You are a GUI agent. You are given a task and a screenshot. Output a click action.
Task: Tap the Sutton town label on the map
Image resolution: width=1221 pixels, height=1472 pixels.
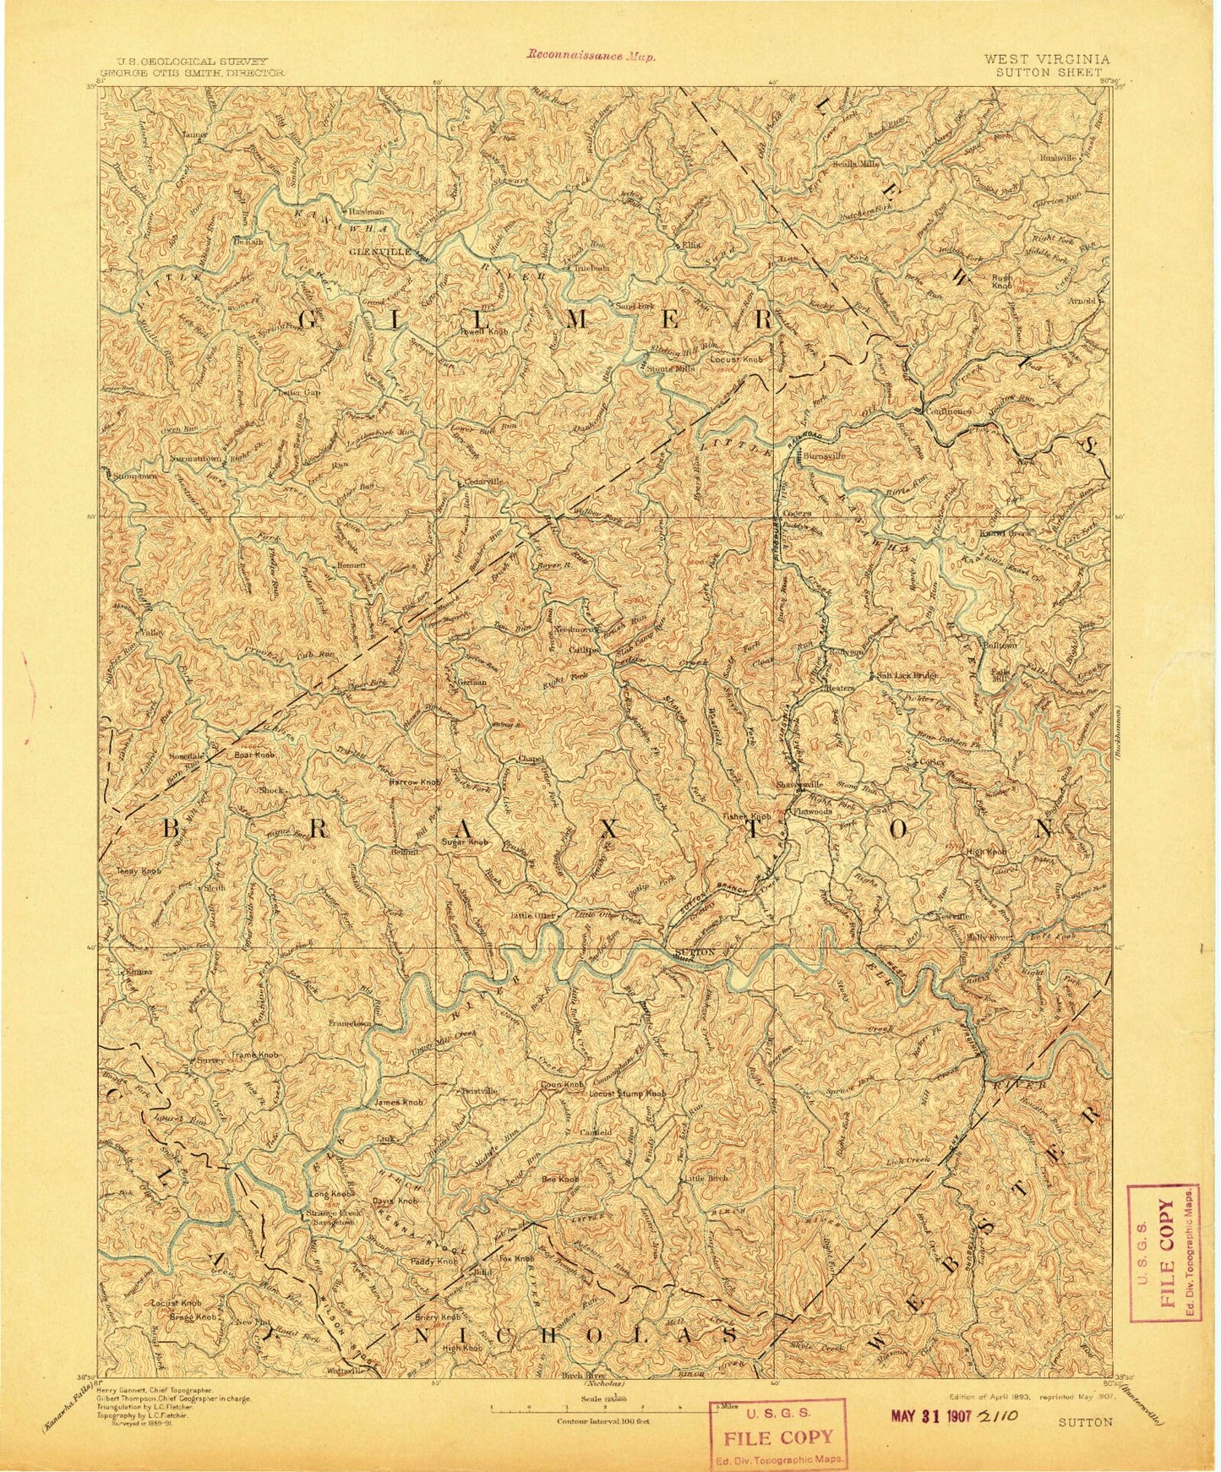coord(696,952)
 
